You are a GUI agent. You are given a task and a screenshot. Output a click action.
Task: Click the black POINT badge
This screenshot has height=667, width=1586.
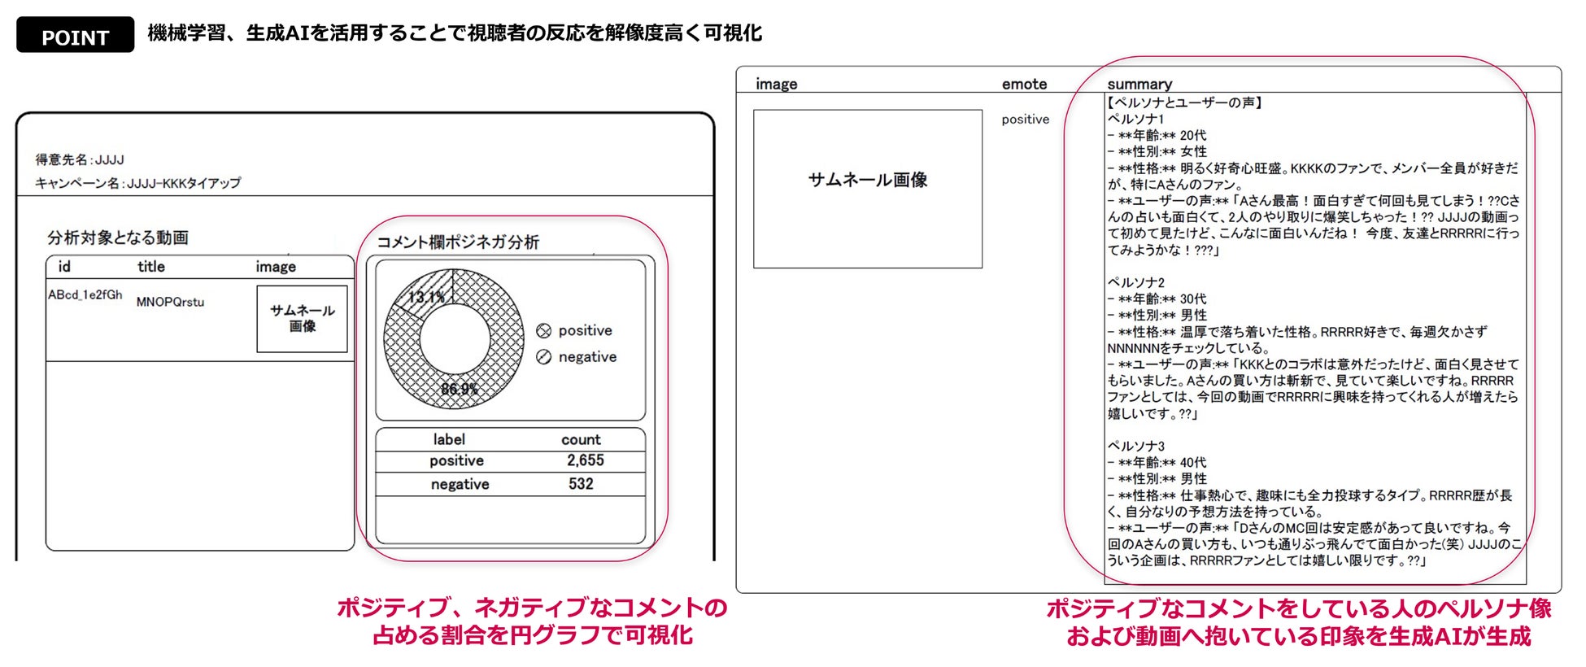click(x=75, y=36)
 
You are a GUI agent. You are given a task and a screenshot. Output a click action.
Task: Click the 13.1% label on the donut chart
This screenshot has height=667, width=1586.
click(x=426, y=297)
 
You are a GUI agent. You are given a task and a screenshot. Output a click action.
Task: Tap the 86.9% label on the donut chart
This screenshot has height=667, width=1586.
click(x=460, y=389)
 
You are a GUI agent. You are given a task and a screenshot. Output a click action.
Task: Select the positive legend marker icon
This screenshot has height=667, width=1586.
click(x=544, y=331)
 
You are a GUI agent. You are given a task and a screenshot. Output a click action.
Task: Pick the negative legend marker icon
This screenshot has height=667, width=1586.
click(x=544, y=357)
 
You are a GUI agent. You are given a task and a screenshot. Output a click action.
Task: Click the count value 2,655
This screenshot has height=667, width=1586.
click(x=585, y=460)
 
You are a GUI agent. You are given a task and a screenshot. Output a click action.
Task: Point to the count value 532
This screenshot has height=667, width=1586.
click(x=581, y=484)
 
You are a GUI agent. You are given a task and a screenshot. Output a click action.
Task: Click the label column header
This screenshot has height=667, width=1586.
click(x=449, y=439)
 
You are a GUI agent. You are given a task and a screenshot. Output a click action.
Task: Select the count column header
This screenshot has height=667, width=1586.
click(x=581, y=439)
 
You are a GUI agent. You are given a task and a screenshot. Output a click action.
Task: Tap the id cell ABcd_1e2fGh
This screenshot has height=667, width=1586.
click(x=85, y=294)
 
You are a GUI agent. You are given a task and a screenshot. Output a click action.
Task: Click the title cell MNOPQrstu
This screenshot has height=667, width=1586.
click(x=170, y=302)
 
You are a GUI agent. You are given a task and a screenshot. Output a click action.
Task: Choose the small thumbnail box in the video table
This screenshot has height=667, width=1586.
click(x=302, y=318)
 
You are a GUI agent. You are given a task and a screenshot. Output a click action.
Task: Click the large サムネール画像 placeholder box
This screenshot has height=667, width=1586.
click(x=867, y=188)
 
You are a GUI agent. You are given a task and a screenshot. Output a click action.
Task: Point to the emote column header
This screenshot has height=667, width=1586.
click(x=1024, y=84)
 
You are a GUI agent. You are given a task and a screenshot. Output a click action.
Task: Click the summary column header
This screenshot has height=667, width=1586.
click(x=1139, y=84)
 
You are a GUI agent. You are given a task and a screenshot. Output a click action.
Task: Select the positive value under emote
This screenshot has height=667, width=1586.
click(x=1025, y=119)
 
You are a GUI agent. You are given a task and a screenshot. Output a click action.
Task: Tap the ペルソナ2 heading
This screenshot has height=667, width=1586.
click(x=1135, y=282)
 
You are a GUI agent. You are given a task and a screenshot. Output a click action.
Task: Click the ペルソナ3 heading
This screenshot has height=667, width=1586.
click(x=1135, y=446)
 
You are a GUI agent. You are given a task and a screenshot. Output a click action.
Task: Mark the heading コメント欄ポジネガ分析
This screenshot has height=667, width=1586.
click(x=457, y=242)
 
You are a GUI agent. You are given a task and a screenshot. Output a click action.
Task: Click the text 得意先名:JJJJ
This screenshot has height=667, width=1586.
click(x=80, y=159)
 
